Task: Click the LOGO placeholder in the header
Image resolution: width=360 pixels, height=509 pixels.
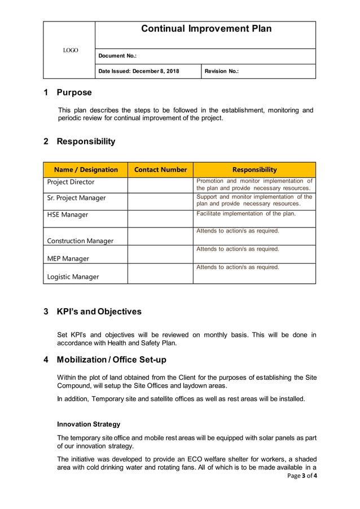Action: (71, 51)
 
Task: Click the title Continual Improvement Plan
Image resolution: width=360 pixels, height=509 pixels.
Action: (206, 29)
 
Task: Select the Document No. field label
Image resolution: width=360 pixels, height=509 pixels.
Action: (117, 56)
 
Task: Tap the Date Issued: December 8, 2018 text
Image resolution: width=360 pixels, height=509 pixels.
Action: (139, 71)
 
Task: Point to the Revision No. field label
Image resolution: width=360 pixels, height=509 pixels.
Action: (221, 71)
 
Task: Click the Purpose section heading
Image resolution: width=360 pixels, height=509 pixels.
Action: (73, 93)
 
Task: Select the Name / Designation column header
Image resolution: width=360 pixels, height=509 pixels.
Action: (86, 169)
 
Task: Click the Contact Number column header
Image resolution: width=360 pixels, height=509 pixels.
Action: (161, 169)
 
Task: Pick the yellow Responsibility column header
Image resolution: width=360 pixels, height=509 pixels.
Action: (254, 169)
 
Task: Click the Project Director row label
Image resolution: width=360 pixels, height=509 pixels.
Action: (71, 182)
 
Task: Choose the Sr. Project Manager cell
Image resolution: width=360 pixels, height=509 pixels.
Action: (76, 198)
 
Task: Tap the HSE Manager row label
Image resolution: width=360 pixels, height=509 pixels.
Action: (67, 215)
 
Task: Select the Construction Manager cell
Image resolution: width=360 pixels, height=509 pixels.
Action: (80, 241)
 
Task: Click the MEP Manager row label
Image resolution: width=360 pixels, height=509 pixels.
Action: (68, 259)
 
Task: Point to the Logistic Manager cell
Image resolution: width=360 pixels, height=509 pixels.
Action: (73, 277)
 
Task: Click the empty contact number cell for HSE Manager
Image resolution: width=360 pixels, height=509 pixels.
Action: (160, 218)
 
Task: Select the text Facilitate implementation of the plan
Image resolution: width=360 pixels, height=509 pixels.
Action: (246, 214)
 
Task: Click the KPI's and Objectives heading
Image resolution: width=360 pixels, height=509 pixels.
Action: (99, 311)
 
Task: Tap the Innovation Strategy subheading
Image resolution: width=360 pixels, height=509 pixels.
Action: (89, 424)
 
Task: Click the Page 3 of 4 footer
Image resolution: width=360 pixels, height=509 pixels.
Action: (302, 476)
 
